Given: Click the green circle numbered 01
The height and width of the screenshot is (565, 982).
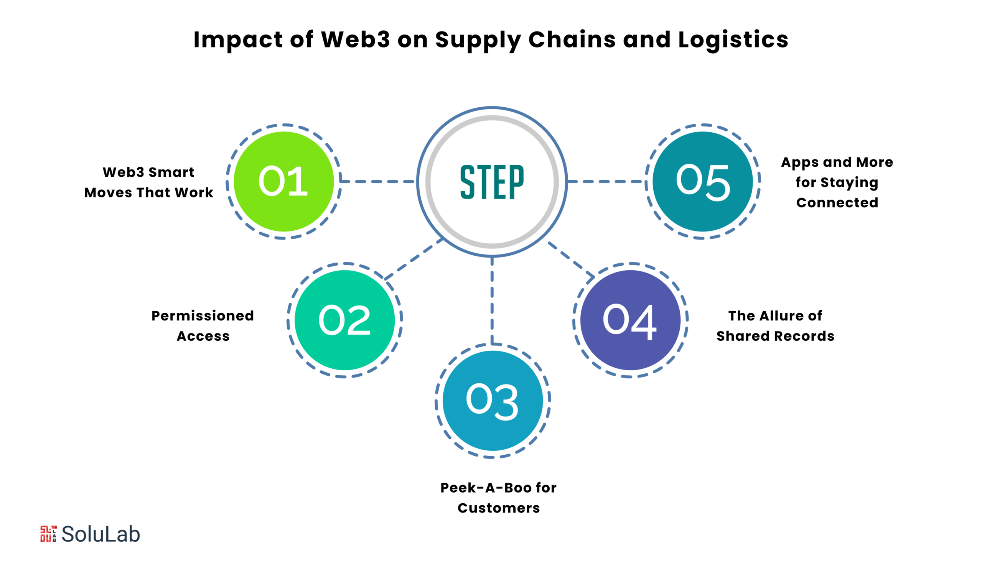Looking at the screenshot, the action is [x=284, y=182].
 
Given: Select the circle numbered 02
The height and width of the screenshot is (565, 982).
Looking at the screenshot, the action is [x=345, y=320].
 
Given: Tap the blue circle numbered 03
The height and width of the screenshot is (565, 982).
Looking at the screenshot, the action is [x=493, y=401].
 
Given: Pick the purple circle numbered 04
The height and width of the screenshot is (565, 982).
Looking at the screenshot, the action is [x=631, y=320].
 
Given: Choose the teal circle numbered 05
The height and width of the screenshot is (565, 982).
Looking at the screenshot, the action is [x=703, y=182].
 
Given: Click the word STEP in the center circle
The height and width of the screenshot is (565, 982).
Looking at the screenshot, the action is [x=492, y=182].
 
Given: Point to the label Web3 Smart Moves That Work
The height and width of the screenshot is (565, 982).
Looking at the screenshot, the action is [x=149, y=182].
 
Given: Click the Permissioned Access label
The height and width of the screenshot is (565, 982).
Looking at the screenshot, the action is [x=203, y=326].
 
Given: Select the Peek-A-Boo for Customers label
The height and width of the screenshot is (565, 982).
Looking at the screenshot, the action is [x=499, y=498].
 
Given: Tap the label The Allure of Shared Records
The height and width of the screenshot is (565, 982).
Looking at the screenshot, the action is [x=775, y=326].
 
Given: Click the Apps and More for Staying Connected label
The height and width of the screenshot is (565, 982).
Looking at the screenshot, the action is [x=837, y=182].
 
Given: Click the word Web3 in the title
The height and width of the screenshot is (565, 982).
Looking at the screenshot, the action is [x=355, y=39].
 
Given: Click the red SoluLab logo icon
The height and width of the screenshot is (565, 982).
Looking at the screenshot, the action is [x=48, y=534].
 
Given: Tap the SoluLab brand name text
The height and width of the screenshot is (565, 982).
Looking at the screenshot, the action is [x=101, y=534].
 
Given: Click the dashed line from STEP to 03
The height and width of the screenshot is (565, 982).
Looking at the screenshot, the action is [x=492, y=301].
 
